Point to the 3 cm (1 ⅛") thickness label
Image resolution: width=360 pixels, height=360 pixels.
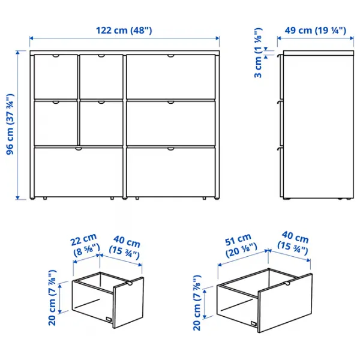click(x=258, y=53)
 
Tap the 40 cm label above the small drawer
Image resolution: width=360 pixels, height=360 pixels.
click(x=124, y=249)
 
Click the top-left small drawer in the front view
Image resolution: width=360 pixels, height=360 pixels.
click(x=56, y=76)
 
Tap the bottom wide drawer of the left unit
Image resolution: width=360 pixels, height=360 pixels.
click(x=78, y=171)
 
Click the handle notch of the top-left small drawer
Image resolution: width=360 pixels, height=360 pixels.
click(x=56, y=56)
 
